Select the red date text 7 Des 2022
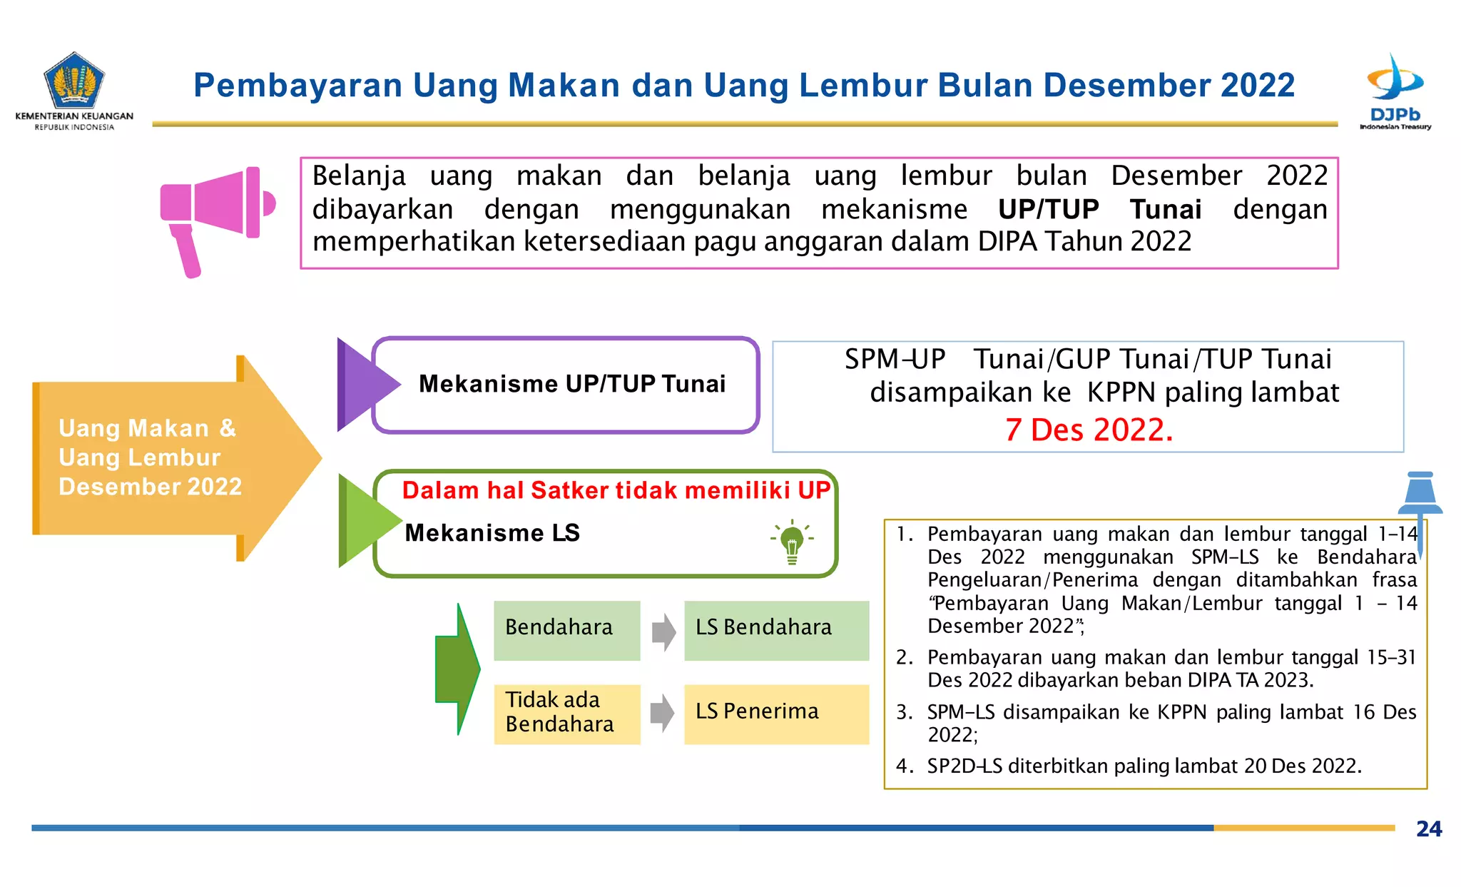pyautogui.click(x=1089, y=430)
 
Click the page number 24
pyautogui.click(x=1428, y=829)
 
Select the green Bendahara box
pyautogui.click(x=566, y=629)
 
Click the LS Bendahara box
pyautogui.click(x=776, y=629)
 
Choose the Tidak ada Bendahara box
pyautogui.click(x=566, y=714)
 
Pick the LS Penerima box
pyautogui.click(x=776, y=714)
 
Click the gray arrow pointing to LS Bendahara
pyautogui.click(x=663, y=632)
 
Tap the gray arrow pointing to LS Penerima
pyautogui.click(x=663, y=713)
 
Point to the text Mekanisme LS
pyautogui.click(x=492, y=533)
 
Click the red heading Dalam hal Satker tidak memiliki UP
pyautogui.click(x=616, y=490)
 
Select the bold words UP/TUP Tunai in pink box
pyautogui.click(x=1099, y=210)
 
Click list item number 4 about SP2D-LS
pyautogui.click(x=1144, y=766)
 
